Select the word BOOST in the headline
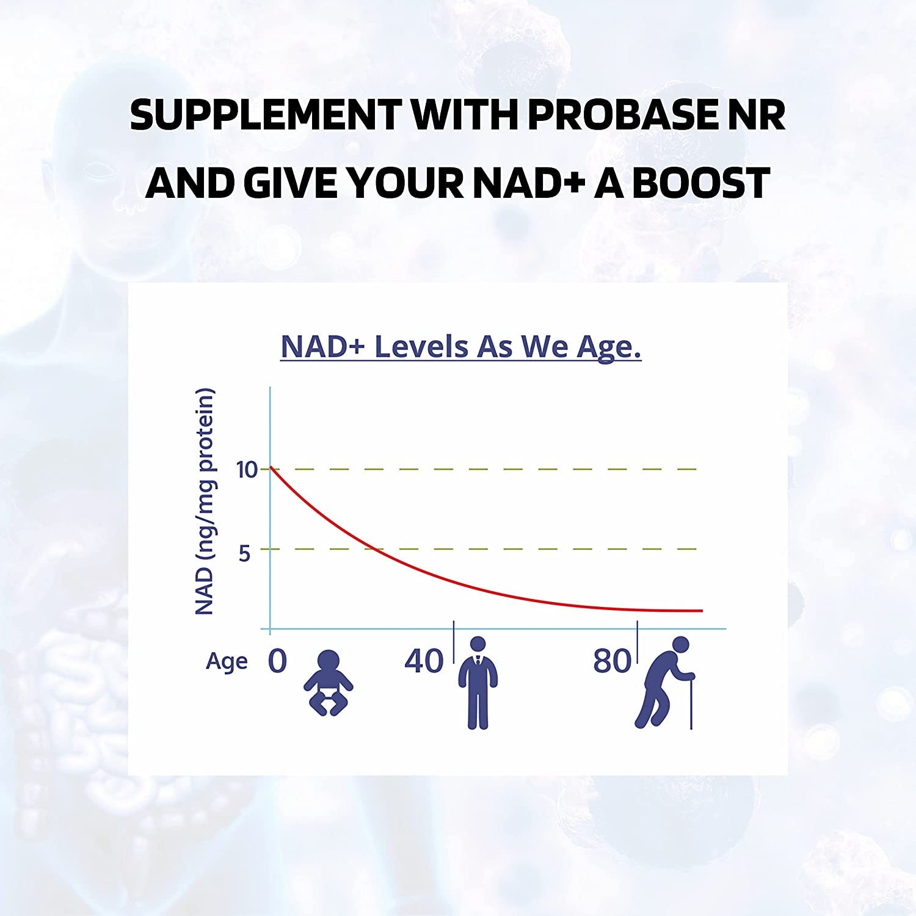700,183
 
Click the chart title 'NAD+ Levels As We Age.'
461,347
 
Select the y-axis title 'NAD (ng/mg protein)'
205,501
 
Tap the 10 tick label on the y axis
247,470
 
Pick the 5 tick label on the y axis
245,553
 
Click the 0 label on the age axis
277,661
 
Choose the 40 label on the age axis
424,661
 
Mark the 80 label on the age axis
612,661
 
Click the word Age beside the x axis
227,662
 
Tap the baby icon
329,683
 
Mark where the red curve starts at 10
271,468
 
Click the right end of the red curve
702,611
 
